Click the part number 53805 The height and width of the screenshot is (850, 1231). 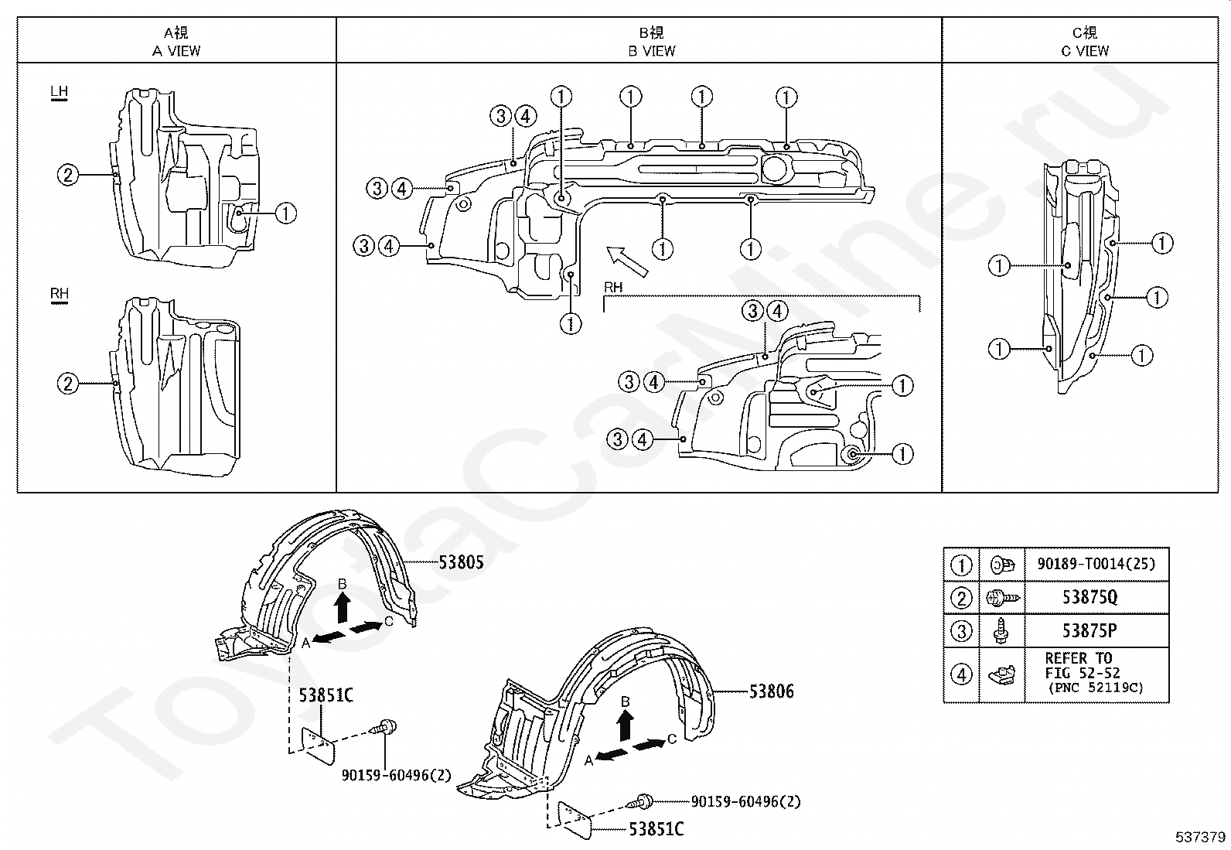[461, 562]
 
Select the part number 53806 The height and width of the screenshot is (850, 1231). [772, 691]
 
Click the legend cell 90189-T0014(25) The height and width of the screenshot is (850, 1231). [1097, 564]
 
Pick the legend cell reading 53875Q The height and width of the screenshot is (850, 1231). [1089, 597]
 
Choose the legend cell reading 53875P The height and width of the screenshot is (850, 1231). [1089, 630]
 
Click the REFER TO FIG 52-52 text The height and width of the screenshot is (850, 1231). [1083, 665]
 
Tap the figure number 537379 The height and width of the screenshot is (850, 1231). [1200, 837]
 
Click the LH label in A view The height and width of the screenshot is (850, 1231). [59, 92]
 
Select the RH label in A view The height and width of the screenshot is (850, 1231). [60, 294]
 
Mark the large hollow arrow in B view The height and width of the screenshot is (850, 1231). [627, 261]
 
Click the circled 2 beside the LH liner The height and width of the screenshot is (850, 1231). [68, 176]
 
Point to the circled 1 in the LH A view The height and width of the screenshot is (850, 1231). [286, 213]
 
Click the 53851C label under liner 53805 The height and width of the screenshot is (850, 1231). [326, 695]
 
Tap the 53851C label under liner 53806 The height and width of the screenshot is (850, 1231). [656, 829]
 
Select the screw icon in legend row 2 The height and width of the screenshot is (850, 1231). [1002, 598]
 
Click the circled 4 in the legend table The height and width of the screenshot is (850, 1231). [961, 674]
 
